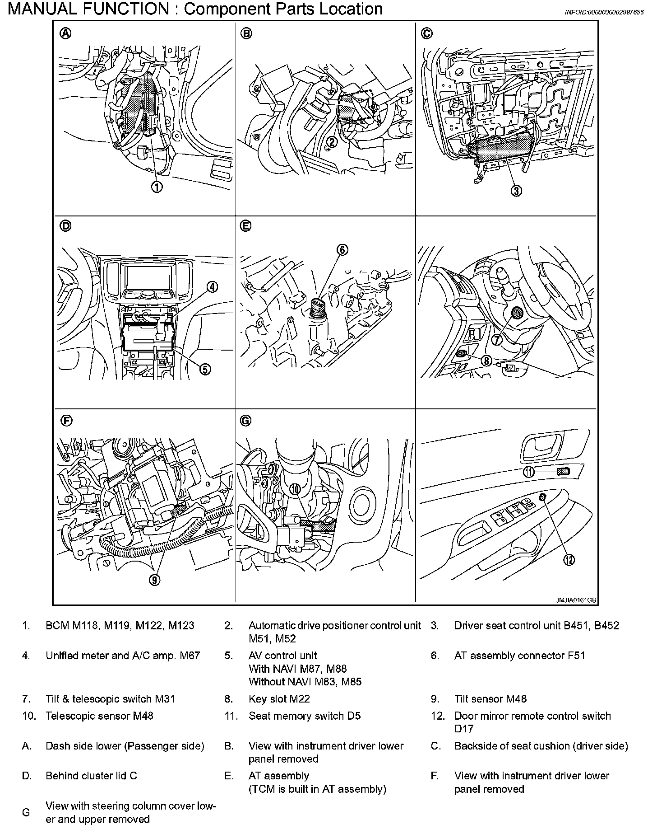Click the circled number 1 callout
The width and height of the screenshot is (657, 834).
click(157, 186)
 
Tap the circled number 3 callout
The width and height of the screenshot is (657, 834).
click(516, 191)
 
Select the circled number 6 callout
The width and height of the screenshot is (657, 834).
click(342, 249)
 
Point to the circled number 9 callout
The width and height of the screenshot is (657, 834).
click(155, 580)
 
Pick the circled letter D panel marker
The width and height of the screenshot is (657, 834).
click(66, 226)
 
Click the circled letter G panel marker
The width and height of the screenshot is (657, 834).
click(245, 421)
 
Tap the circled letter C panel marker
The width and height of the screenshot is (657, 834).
click(426, 33)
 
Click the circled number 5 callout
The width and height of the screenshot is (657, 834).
click(204, 369)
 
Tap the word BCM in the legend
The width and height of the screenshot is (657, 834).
click(57, 626)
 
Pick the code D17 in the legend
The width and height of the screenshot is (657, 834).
click(464, 729)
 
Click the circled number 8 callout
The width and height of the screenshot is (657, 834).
click(486, 361)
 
